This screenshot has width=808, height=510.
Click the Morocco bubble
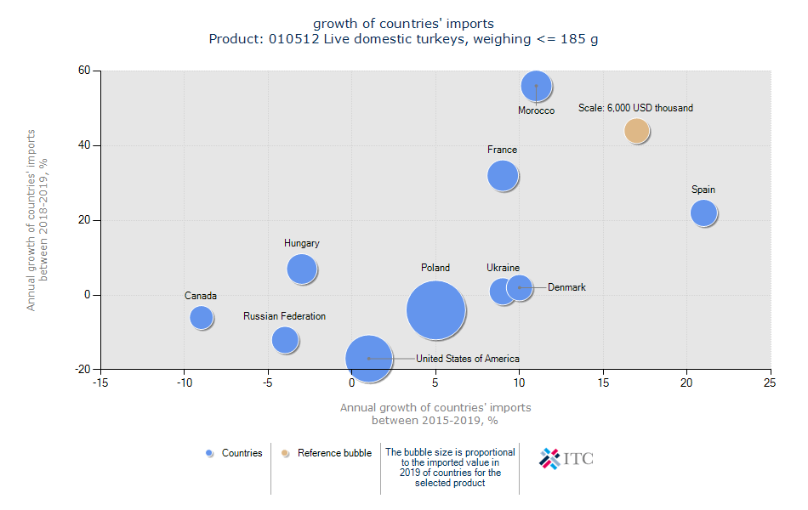(x=536, y=86)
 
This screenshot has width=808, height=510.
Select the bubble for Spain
(x=703, y=212)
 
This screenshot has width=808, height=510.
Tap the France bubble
(x=503, y=176)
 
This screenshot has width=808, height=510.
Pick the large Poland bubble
(x=435, y=310)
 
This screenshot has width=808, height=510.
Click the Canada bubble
(x=201, y=317)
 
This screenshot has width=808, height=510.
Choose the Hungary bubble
(x=301, y=269)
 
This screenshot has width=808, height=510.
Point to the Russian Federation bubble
(x=285, y=340)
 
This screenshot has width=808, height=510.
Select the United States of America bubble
(x=368, y=359)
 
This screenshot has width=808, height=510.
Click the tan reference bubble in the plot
(x=636, y=131)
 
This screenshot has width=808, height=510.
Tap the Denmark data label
(x=566, y=287)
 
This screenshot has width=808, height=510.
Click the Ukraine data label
(x=503, y=268)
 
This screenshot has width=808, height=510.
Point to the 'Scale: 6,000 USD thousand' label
(x=635, y=108)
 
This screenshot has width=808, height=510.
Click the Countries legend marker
(x=209, y=453)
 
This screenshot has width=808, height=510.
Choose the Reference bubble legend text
(x=334, y=453)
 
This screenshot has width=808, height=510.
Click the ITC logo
(x=566, y=458)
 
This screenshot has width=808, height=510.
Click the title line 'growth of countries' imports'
(x=403, y=23)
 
